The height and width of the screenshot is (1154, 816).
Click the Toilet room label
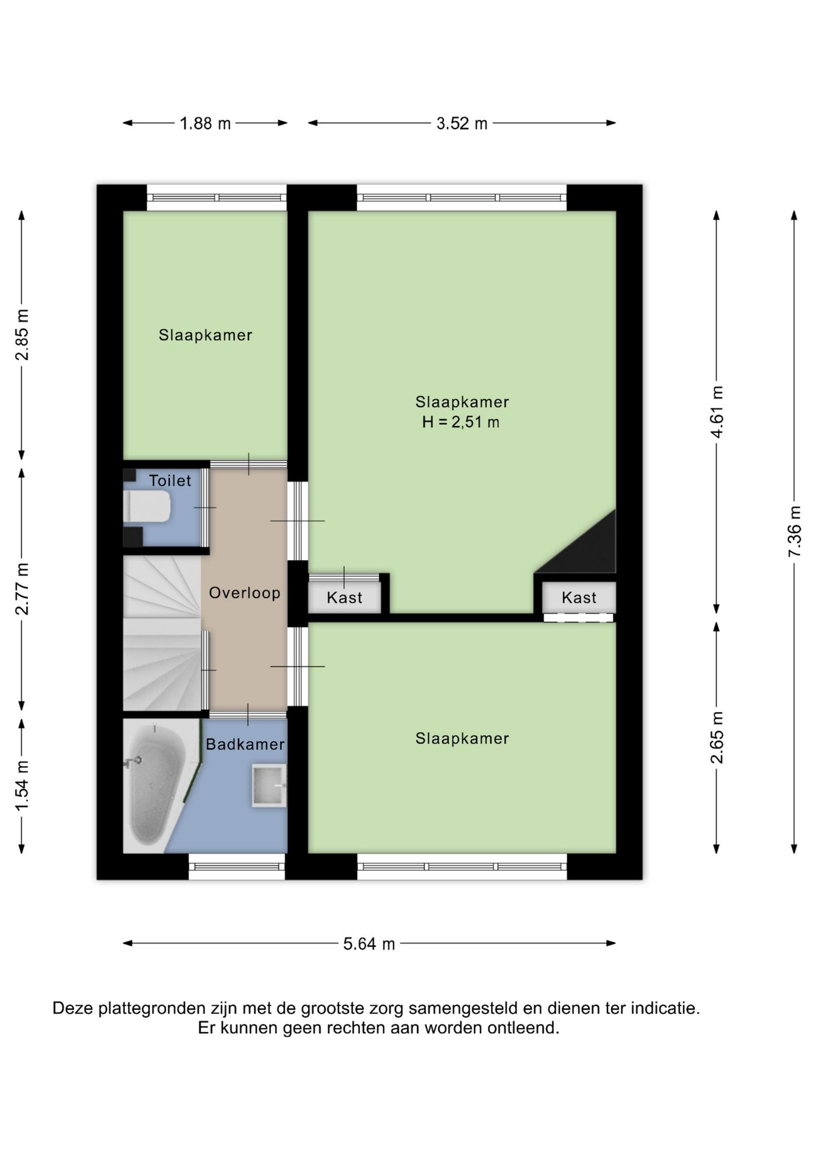point(170,481)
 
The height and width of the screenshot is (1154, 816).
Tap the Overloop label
point(245,593)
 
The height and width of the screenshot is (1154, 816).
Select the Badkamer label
point(245,745)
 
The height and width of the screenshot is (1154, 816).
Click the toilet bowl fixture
point(147,507)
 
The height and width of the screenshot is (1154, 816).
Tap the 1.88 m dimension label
point(206,124)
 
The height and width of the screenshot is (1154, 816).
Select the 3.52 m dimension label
point(461,124)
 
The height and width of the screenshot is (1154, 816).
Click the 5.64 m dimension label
point(369,944)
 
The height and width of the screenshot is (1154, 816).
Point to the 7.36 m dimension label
point(794,531)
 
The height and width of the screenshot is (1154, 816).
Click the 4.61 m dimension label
point(717,412)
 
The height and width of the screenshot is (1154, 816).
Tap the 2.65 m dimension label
point(717,737)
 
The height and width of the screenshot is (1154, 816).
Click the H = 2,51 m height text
point(461,423)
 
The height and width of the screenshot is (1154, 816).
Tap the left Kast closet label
point(344,598)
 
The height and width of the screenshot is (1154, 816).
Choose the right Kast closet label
point(579,598)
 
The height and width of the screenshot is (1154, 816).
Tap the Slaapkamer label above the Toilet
point(206,335)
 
